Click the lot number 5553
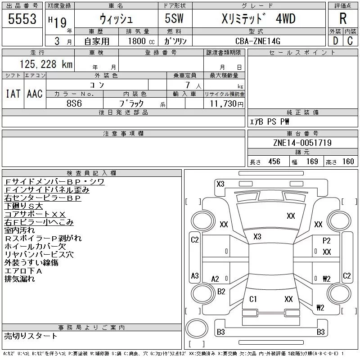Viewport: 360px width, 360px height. (x=22, y=19)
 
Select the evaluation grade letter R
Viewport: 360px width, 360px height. (x=343, y=18)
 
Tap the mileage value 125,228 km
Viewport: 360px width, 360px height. (x=46, y=64)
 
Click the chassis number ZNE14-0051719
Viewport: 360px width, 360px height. (x=302, y=143)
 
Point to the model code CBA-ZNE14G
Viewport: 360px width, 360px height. (x=257, y=41)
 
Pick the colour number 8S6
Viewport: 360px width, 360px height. (x=74, y=103)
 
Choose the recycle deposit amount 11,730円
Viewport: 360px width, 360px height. (x=227, y=104)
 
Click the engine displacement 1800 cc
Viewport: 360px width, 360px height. (x=141, y=41)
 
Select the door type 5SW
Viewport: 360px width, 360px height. (x=174, y=18)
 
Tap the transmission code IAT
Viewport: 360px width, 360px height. (x=13, y=94)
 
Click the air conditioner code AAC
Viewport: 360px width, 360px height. (x=35, y=94)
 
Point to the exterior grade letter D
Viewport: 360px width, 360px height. (x=335, y=41)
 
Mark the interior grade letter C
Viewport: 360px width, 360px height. (x=350, y=41)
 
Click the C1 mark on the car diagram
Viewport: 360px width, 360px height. (x=253, y=299)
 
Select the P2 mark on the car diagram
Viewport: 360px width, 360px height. (x=327, y=241)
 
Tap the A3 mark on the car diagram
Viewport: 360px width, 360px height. (x=195, y=275)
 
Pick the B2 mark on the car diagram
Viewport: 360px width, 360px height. (x=221, y=292)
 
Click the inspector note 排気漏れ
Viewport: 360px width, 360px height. (x=19, y=279)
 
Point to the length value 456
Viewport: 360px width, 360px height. (x=274, y=162)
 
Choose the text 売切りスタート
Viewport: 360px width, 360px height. (x=31, y=336)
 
